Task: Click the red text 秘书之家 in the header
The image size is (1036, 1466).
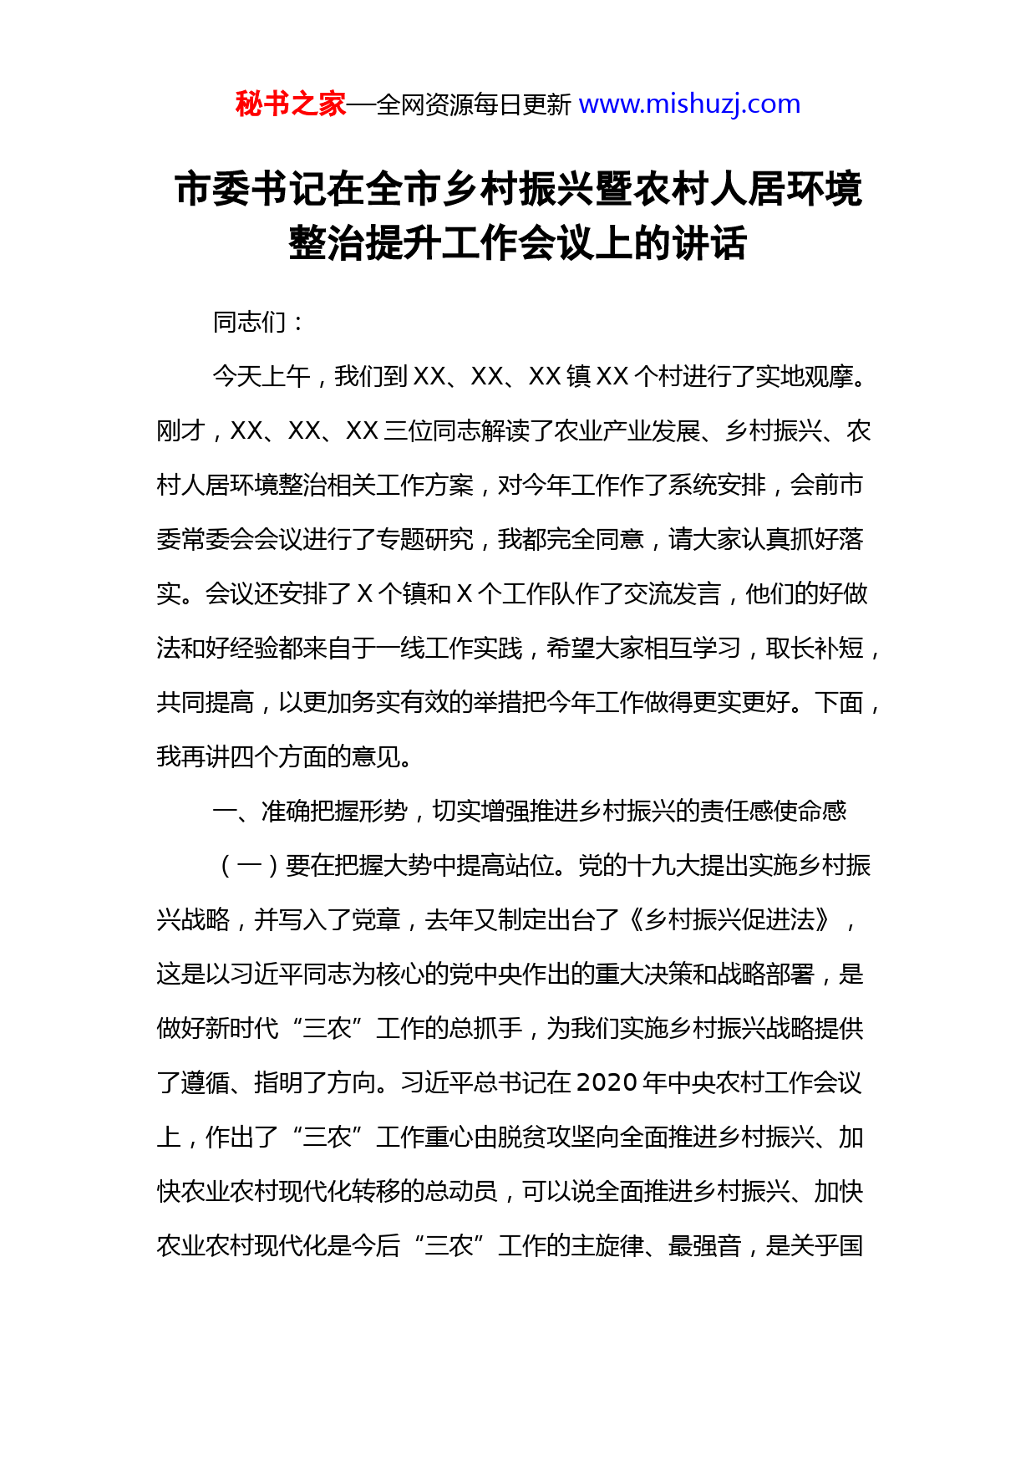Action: point(290,104)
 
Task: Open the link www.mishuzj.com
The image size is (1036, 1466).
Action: point(689,104)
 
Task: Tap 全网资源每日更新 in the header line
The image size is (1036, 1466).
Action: point(474,105)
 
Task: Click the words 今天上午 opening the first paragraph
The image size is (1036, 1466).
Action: point(262,377)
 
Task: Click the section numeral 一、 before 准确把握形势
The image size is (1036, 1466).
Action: point(236,812)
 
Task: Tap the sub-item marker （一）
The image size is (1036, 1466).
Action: point(249,866)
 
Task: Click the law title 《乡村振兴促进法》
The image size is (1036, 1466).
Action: point(729,920)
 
